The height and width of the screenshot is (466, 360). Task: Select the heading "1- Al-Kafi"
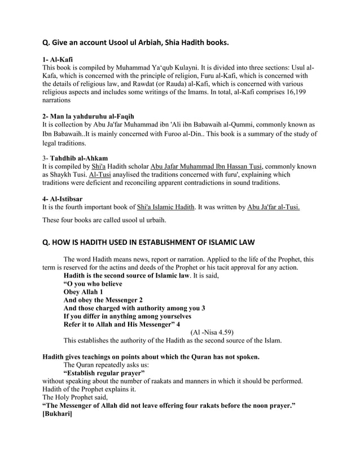pos(57,58)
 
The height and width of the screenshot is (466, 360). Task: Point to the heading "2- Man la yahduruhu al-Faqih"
pos(87,116)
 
